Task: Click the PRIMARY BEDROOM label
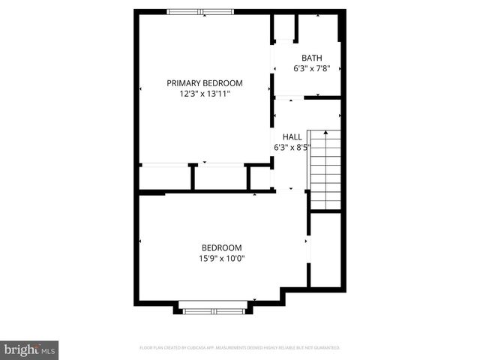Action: [205, 83]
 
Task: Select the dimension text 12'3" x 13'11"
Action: [205, 94]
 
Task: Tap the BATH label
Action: [312, 58]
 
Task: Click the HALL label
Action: [292, 137]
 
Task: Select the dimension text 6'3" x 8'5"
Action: [292, 148]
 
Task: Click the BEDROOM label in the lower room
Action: [221, 248]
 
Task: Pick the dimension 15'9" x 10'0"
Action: [221, 259]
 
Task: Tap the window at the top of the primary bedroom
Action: [200, 11]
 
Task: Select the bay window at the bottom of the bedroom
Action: [214, 308]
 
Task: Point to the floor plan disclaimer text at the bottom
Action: [240, 348]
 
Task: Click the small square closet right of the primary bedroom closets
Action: [260, 178]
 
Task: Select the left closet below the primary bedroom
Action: [164, 178]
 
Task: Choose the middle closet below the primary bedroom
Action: [220, 178]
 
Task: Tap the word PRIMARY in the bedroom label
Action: [184, 83]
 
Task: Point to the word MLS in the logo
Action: [48, 350]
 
